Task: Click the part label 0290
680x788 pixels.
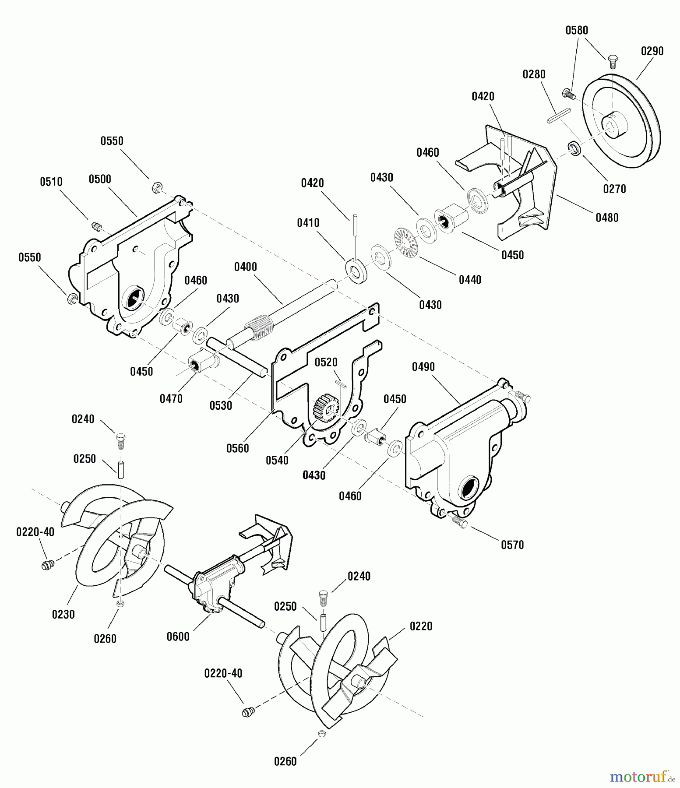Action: click(652, 51)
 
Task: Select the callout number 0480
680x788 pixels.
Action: click(607, 218)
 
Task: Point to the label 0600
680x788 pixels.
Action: click(178, 637)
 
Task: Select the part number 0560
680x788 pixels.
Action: click(237, 448)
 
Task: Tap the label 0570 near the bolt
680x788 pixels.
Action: click(512, 545)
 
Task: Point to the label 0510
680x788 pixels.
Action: click(51, 182)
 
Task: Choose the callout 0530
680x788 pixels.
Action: click(221, 405)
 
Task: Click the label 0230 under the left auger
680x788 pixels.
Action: click(63, 615)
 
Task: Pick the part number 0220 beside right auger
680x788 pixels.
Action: click(421, 626)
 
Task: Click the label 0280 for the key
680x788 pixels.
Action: click(534, 74)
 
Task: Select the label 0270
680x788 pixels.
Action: click(614, 189)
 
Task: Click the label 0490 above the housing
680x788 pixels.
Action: click(423, 367)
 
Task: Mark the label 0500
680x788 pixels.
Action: click(100, 179)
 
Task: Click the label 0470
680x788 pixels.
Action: click(171, 399)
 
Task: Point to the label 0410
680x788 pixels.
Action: click(308, 223)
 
